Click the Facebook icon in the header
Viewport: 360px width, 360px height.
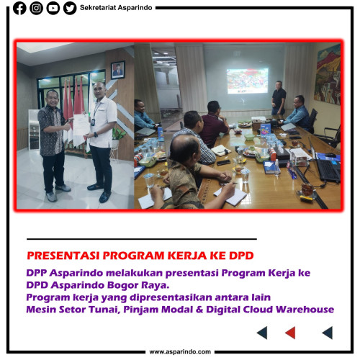pyautogui.click(x=19, y=9)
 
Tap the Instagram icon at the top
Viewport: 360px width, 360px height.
pyautogui.click(x=36, y=9)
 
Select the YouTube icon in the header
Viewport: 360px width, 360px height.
pyautogui.click(x=53, y=9)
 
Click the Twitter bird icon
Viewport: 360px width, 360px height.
pyautogui.click(x=69, y=9)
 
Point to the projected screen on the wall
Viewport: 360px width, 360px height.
pyautogui.click(x=248, y=79)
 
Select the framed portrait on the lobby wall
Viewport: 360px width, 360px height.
pyautogui.click(x=118, y=70)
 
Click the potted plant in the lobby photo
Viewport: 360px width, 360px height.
pyautogui.click(x=120, y=137)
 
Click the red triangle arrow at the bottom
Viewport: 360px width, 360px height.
pyautogui.click(x=290, y=332)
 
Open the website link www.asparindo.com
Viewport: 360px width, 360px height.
pyautogui.click(x=180, y=352)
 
